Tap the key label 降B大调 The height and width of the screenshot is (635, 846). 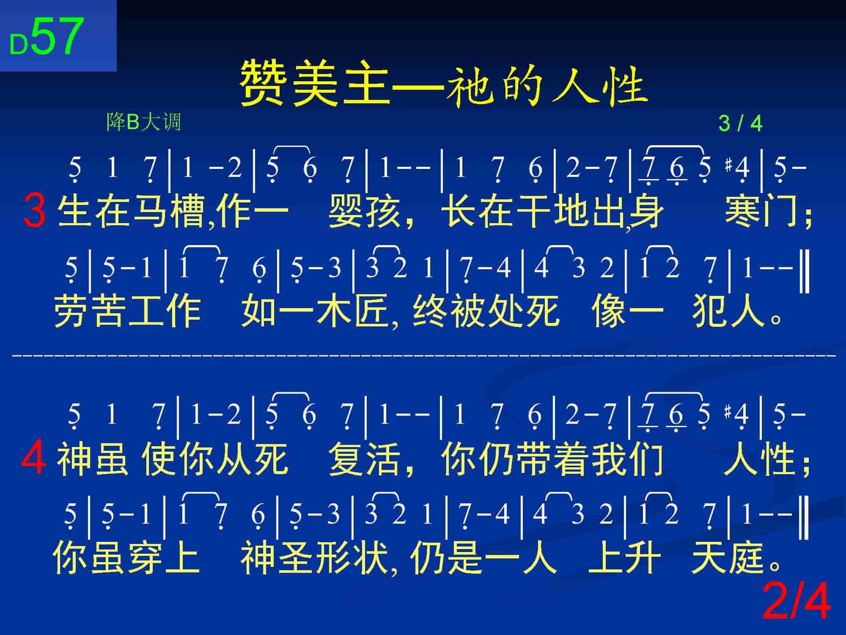click(143, 122)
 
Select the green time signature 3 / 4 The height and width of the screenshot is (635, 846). click(740, 124)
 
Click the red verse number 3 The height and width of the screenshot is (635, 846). click(35, 210)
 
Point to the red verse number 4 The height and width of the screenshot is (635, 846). click(34, 458)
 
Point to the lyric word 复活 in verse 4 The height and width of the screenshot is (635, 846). click(364, 458)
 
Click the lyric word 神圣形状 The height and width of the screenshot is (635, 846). click(314, 558)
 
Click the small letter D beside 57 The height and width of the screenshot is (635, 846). click(19, 44)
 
